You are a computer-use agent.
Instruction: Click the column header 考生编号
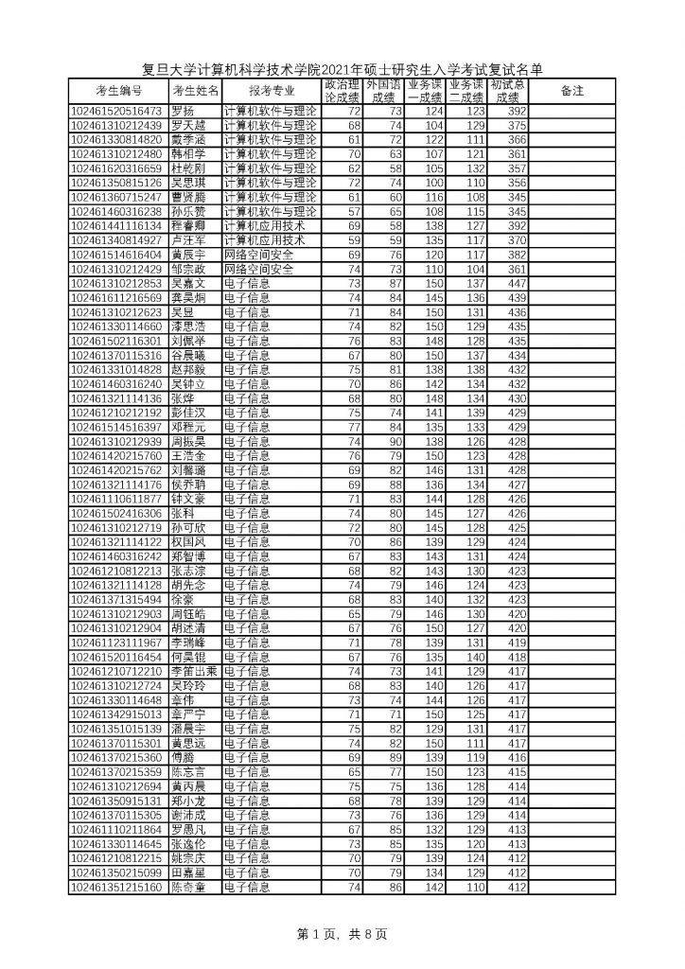coord(118,91)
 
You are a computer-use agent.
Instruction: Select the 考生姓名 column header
coord(194,91)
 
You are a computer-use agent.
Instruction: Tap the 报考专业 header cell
coord(271,91)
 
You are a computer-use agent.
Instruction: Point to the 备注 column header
coord(571,91)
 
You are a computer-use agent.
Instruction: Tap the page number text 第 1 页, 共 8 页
coord(342,934)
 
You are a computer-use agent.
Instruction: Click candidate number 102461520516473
coord(118,111)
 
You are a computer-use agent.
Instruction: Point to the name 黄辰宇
coord(189,255)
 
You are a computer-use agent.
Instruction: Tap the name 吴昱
coord(184,310)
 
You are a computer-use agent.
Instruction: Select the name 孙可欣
coord(189,526)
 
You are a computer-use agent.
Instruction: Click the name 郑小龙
coord(189,800)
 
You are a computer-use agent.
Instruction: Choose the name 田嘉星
coord(189,872)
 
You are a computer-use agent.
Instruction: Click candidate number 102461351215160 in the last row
coord(118,887)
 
